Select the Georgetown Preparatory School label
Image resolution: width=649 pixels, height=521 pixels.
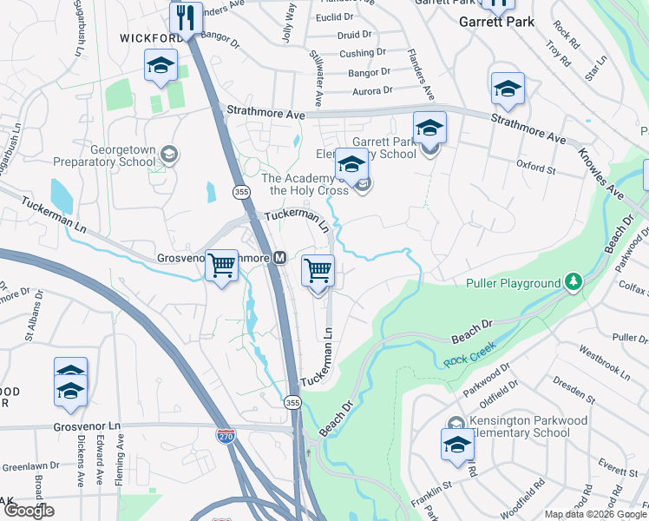pos(105,155)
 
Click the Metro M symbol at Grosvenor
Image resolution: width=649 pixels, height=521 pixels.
pos(280,258)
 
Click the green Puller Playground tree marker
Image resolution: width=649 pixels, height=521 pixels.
pos(572,282)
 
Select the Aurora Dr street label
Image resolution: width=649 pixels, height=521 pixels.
pos(370,89)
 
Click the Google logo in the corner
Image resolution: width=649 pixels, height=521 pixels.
pos(29,510)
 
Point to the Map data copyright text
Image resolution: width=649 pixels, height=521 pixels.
pos(596,514)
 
